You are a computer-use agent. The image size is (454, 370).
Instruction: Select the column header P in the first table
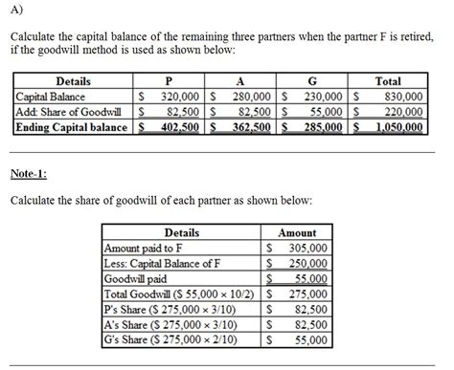(169, 81)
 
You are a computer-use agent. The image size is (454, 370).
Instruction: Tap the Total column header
(388, 81)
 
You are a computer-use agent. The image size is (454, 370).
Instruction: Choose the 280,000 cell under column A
(252, 97)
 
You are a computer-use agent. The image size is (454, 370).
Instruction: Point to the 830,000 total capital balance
(401, 97)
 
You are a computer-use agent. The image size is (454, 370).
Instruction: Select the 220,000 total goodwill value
(401, 111)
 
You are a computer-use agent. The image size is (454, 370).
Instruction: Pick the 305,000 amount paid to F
(307, 248)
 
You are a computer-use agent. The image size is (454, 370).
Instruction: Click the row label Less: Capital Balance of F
(163, 263)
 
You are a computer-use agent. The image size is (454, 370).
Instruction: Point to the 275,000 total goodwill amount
(307, 294)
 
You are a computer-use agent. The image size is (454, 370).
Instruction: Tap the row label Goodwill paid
(141, 278)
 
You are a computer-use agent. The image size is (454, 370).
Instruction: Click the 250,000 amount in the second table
(307, 263)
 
